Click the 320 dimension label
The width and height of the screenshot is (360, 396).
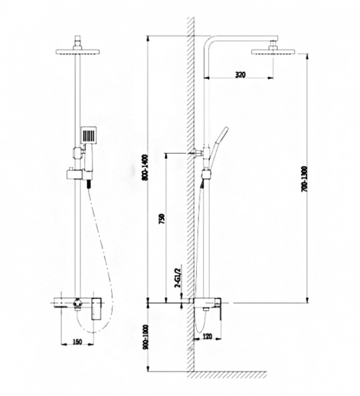[240, 75]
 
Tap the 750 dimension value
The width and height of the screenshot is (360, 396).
[162, 219]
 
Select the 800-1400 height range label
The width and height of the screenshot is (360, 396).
[145, 168]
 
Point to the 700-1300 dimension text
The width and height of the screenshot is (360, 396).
[305, 179]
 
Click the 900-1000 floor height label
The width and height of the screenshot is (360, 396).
[145, 337]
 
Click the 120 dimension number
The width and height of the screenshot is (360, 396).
[207, 337]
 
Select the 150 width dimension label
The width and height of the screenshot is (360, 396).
[77, 342]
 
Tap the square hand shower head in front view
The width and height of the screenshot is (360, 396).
[89, 135]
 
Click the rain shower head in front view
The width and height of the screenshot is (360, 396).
[77, 51]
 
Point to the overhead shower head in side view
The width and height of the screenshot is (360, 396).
[273, 51]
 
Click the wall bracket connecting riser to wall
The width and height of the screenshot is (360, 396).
[199, 152]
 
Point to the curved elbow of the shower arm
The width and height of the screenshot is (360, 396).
[209, 42]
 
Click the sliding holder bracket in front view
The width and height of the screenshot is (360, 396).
[75, 174]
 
